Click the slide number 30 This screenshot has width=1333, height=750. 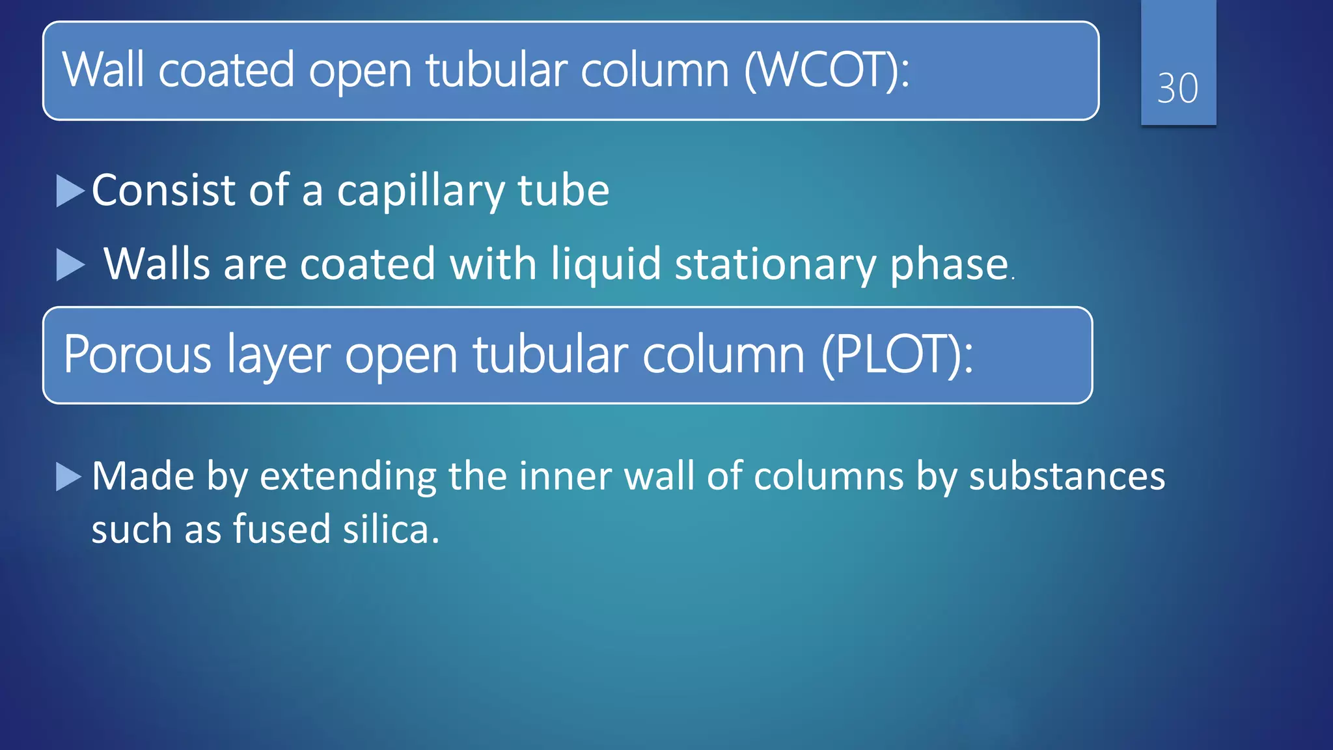pos(1177,88)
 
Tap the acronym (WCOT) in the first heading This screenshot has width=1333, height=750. pos(827,70)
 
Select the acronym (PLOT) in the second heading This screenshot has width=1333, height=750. pos(897,355)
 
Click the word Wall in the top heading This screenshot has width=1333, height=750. pos(103,70)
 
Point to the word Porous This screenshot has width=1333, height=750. pos(137,355)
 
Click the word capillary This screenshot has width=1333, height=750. pos(420,191)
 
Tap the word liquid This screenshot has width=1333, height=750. pos(606,264)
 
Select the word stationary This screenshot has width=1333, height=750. pos(775,264)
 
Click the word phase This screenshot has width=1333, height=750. pos(949,264)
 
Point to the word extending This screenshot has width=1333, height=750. pos(348,476)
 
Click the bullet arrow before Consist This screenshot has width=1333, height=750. pos(70,191)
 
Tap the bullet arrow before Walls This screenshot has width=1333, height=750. pos(70,265)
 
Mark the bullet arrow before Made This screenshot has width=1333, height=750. pos(68,477)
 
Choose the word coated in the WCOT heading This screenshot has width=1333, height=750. pos(226,70)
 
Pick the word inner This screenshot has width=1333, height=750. pos(565,476)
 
